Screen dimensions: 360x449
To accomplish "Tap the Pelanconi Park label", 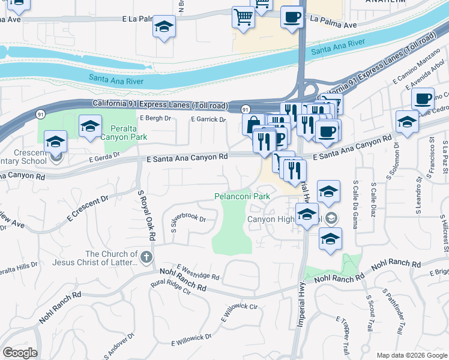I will [243, 196].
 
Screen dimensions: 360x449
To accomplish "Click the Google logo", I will [20, 353].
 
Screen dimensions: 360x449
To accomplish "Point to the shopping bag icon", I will [252, 124].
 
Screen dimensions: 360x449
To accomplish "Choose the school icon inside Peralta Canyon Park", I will [90, 126].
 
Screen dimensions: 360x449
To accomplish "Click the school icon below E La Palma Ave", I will [164, 27].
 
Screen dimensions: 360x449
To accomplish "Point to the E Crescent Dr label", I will [88, 205].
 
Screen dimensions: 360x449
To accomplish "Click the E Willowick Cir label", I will [238, 312].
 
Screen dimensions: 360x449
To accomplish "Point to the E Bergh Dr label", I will [155, 119].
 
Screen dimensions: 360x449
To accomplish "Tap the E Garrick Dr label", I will [208, 119].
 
